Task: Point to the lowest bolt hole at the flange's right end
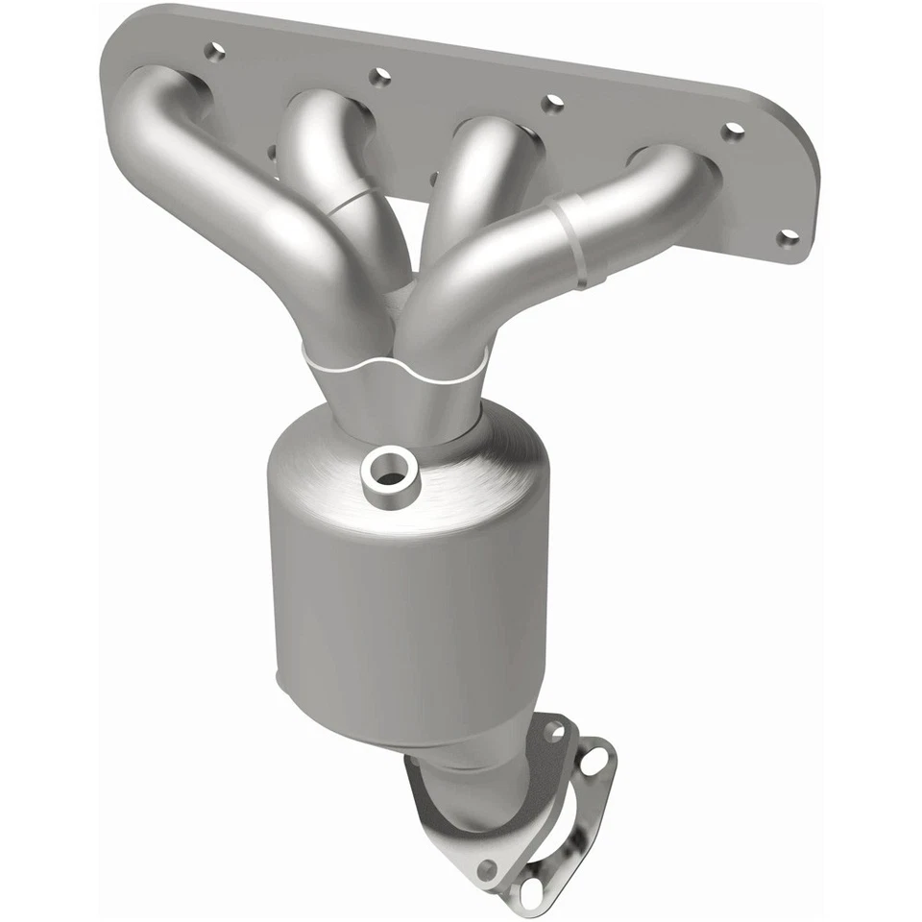[788, 236]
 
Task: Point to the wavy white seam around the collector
[394, 368]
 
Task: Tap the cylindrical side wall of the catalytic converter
[403, 615]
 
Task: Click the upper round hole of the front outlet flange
[553, 732]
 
